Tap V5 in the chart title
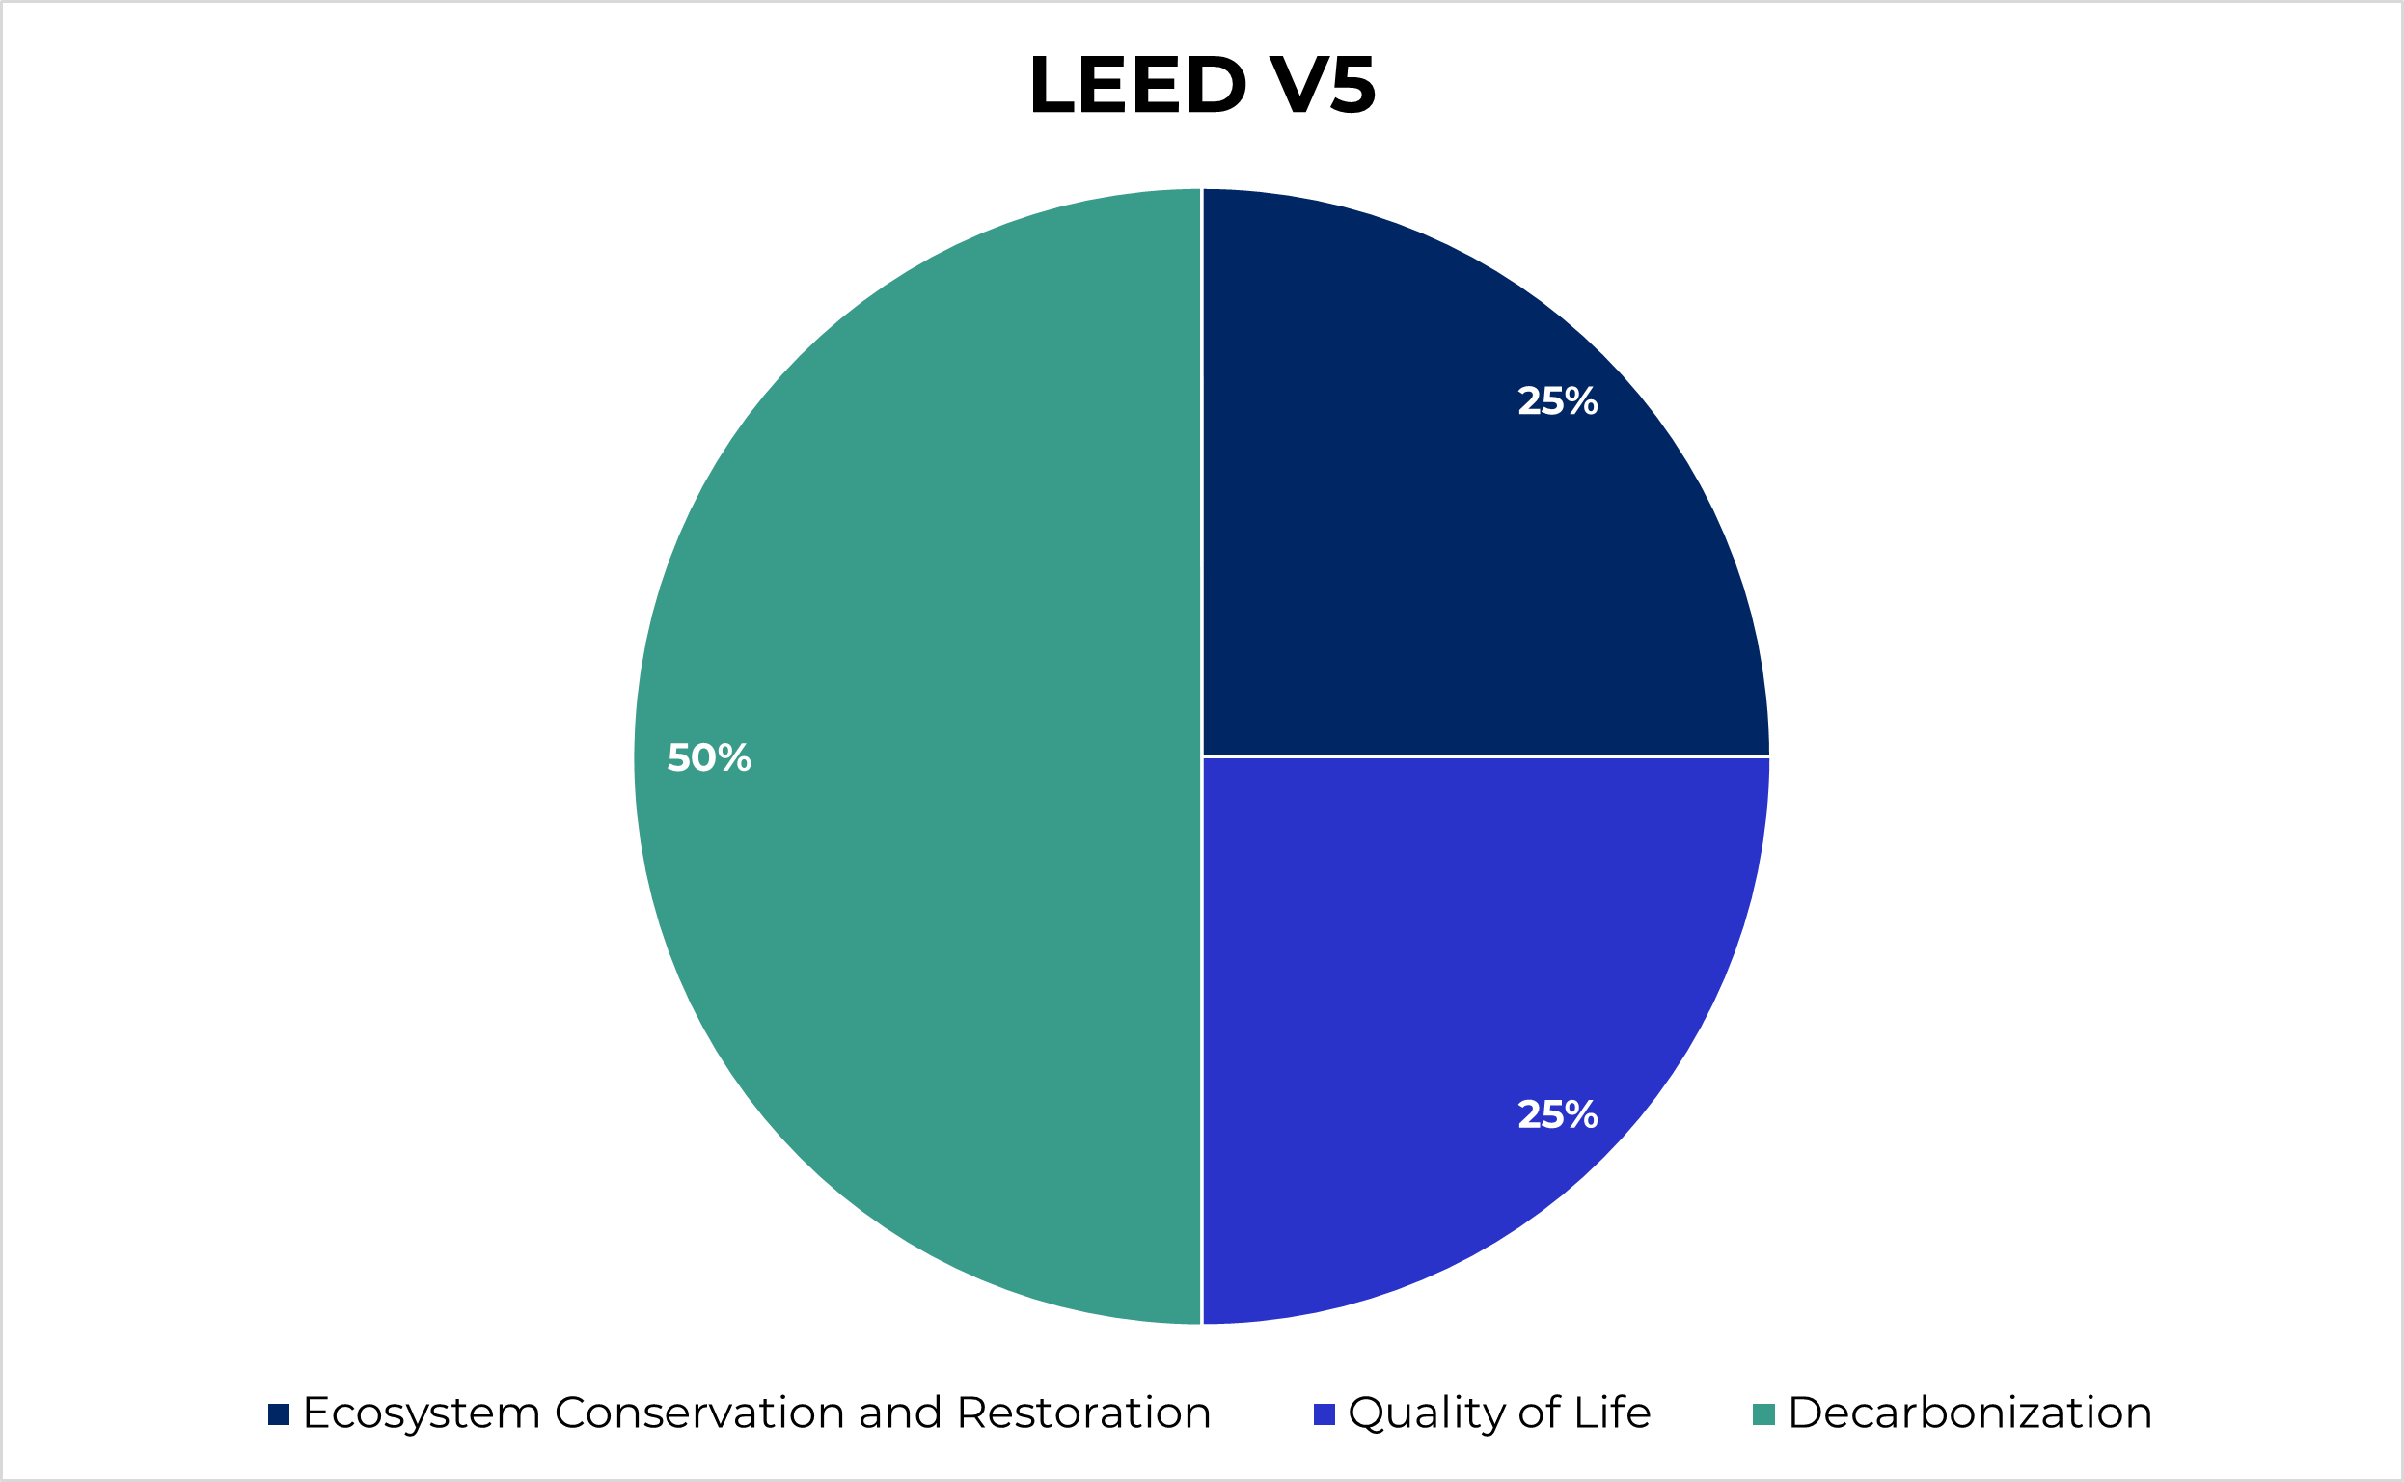click(x=1323, y=86)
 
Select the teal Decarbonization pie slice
click(x=912, y=755)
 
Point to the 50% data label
click(x=708, y=757)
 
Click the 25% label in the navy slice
click(x=1557, y=400)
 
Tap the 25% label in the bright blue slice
click(x=1557, y=1114)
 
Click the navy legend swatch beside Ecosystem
click(x=279, y=1414)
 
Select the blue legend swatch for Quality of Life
click(x=1324, y=1414)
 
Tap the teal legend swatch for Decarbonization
click(x=1764, y=1414)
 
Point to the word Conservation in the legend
click(x=698, y=1413)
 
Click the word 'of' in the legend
click(x=1541, y=1413)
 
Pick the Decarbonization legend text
click(x=1970, y=1413)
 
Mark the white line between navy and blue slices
click(x=1485, y=756)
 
